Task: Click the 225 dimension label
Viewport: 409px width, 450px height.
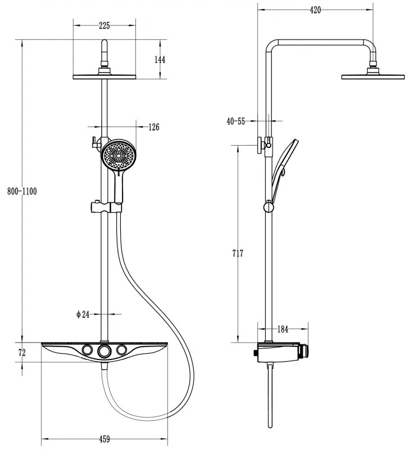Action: (103, 25)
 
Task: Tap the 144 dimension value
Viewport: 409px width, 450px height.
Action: (160, 59)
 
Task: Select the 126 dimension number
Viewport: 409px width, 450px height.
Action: (153, 127)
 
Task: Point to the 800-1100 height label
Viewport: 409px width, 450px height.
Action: (21, 191)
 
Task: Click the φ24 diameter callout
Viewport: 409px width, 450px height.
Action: (83, 314)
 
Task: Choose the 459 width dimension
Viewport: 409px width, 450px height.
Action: (104, 438)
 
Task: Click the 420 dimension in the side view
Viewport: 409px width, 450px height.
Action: (315, 10)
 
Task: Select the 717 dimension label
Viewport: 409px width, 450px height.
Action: (238, 254)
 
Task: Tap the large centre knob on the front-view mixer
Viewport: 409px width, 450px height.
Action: (104, 352)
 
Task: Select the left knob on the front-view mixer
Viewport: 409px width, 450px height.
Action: (86, 351)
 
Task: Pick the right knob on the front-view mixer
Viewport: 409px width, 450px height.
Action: (121, 351)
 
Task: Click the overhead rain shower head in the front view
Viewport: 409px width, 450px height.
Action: (104, 76)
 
